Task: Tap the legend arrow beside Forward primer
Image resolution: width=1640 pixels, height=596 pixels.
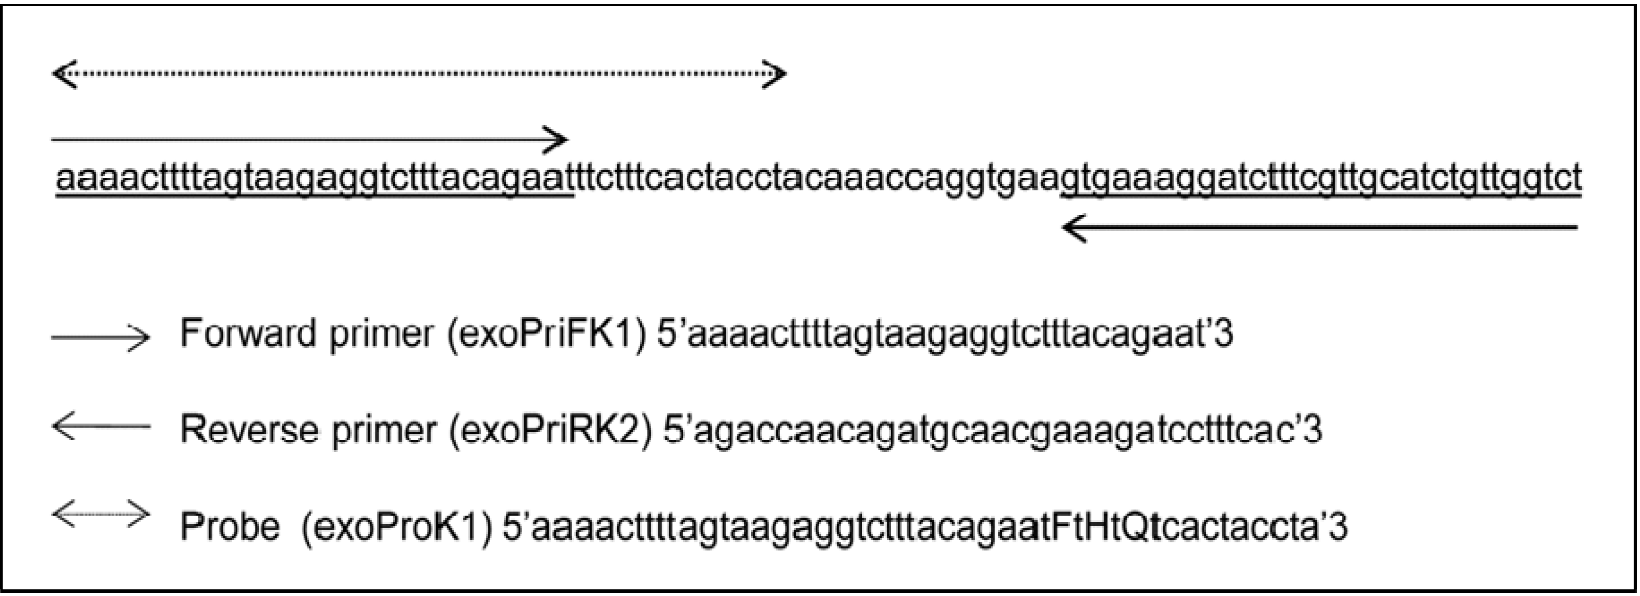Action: click(x=101, y=337)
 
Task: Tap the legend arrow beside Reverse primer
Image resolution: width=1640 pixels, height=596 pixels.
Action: click(x=101, y=427)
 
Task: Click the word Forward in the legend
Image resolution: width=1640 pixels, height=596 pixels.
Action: click(x=249, y=333)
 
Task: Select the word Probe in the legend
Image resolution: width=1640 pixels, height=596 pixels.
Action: click(x=230, y=526)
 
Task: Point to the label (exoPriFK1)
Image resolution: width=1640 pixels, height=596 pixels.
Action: click(x=546, y=333)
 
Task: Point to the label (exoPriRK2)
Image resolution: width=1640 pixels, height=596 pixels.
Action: click(x=551, y=429)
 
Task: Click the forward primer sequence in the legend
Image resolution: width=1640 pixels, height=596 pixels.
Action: click(x=945, y=333)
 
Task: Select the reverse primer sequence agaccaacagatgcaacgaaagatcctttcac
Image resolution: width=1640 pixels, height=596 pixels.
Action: click(x=993, y=429)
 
